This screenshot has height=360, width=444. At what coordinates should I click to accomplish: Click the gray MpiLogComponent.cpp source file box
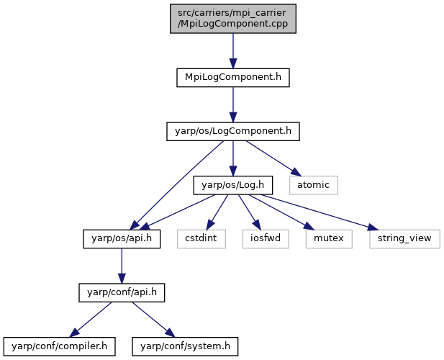(x=233, y=19)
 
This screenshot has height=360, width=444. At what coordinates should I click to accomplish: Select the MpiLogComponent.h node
(x=233, y=77)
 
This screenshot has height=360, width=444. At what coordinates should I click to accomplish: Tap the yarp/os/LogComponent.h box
(x=233, y=131)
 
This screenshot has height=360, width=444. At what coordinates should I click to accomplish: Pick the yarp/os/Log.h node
(x=233, y=185)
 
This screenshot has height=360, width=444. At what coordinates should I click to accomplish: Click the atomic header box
(x=314, y=185)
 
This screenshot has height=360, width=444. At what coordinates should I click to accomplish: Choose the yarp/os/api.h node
(x=122, y=239)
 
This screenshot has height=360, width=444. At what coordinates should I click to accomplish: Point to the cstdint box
(x=201, y=239)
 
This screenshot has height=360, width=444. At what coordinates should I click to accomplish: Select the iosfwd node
(x=266, y=239)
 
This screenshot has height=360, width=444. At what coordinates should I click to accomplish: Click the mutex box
(x=329, y=239)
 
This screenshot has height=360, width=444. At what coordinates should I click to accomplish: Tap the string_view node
(x=404, y=239)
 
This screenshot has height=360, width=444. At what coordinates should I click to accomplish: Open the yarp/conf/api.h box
(x=122, y=292)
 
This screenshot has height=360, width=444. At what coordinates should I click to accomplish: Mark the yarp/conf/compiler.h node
(x=60, y=346)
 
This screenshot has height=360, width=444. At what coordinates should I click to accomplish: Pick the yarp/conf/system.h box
(x=185, y=346)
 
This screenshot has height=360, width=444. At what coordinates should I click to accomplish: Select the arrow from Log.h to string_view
(x=319, y=212)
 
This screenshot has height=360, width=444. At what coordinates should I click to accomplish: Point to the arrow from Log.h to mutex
(x=281, y=212)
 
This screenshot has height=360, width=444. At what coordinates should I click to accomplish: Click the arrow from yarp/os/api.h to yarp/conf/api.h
(x=122, y=266)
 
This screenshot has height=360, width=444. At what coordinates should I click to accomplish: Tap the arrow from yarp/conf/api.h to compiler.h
(x=91, y=320)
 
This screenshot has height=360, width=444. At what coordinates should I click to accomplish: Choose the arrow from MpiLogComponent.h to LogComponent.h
(x=233, y=104)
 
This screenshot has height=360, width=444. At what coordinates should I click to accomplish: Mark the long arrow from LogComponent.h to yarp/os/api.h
(x=177, y=185)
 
